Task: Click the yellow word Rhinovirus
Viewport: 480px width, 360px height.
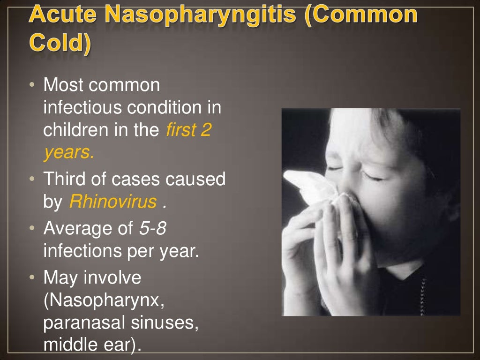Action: pos(112,202)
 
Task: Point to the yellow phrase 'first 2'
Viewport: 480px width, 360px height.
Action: pos(188,130)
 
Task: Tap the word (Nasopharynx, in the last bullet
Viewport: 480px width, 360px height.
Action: pos(104,300)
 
